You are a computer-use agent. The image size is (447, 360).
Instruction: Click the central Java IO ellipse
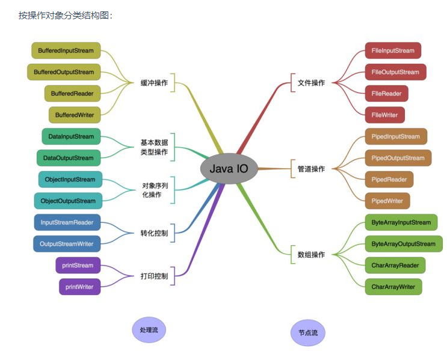pyautogui.click(x=229, y=169)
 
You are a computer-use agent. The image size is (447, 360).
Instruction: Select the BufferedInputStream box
pyautogui.click(x=66, y=50)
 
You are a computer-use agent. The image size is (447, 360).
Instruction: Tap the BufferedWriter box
pyautogui.click(x=75, y=114)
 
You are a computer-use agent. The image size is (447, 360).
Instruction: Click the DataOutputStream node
pyautogui.click(x=69, y=158)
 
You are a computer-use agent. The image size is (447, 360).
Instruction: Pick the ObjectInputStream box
pyautogui.click(x=70, y=179)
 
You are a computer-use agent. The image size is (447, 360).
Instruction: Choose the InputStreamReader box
pyautogui.click(x=67, y=222)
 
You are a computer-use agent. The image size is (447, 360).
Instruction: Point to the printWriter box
pyautogui.click(x=79, y=287)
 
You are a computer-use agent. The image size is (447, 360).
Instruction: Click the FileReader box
pyautogui.click(x=386, y=94)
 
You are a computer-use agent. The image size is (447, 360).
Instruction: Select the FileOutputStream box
pyautogui.click(x=395, y=72)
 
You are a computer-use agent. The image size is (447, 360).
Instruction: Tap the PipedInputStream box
pyautogui.click(x=396, y=136)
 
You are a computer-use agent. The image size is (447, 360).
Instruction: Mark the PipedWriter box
pyautogui.click(x=387, y=201)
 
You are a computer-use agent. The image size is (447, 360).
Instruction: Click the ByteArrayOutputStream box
pyautogui.click(x=403, y=244)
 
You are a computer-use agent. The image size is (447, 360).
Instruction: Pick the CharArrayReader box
pyautogui.click(x=395, y=265)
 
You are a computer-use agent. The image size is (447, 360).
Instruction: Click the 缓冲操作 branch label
pyautogui.click(x=154, y=82)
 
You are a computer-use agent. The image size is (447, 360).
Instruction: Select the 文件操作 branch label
pyautogui.click(x=311, y=83)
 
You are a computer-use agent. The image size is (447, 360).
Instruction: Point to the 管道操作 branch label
pyautogui.click(x=311, y=169)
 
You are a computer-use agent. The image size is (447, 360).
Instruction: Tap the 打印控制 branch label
pyautogui.click(x=154, y=276)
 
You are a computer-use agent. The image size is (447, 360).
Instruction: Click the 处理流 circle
pyautogui.click(x=149, y=330)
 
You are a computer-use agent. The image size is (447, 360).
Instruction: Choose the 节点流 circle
pyautogui.click(x=307, y=332)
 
